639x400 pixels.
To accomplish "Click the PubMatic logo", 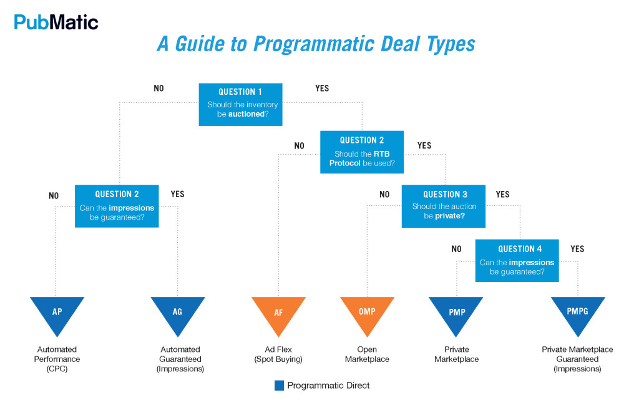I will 56,22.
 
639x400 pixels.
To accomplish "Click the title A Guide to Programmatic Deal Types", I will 316,44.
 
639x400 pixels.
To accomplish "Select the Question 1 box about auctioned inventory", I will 240,104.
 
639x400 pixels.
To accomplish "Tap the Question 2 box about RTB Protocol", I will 362,152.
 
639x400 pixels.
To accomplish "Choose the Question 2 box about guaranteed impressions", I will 117,206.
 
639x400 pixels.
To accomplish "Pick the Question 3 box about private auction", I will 445,206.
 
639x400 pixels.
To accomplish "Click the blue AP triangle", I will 57,312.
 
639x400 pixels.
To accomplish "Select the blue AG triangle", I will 177,312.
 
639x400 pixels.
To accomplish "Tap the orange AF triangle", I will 278,312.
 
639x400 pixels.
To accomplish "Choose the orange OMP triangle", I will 367,312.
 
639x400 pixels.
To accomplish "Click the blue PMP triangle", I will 457,312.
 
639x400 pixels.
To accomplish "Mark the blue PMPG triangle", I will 577,312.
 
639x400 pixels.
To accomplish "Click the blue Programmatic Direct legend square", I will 279,386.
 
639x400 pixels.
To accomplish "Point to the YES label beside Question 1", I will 322,89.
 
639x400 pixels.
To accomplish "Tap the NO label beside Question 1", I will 159,89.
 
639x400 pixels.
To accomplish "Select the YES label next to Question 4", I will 577,249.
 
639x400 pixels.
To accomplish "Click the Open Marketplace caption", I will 373,354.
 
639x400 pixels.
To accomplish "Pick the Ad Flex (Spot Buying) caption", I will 278,354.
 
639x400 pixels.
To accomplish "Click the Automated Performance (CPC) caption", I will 59,359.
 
